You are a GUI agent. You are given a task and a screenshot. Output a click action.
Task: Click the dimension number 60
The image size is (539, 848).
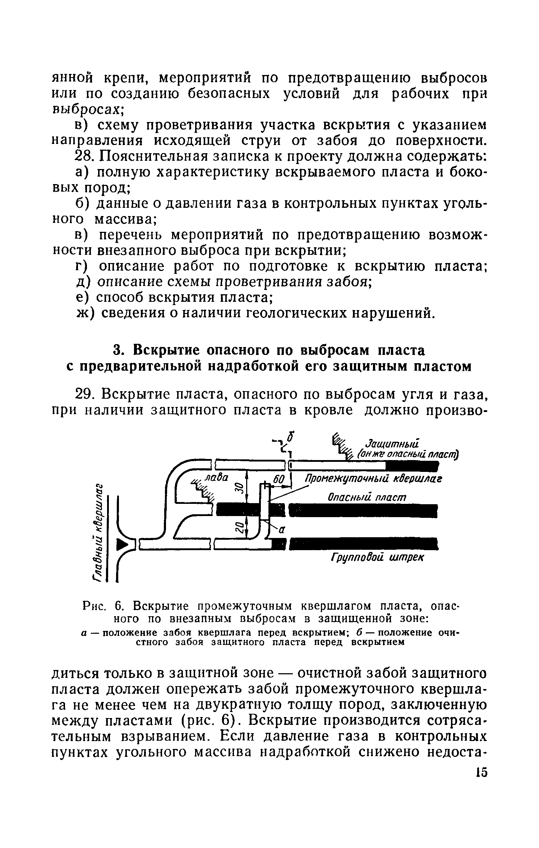coord(279,479)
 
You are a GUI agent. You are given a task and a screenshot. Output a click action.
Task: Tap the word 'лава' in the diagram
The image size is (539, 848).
coord(216,477)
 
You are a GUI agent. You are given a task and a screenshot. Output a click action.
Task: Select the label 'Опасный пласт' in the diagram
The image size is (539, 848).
coord(367,497)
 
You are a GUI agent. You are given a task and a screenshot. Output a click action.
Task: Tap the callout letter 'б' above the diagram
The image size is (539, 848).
coord(292,438)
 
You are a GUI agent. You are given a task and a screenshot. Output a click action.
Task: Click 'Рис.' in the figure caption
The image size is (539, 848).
coord(93,606)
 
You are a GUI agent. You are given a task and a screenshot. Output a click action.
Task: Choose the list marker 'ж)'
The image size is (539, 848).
coord(86,313)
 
